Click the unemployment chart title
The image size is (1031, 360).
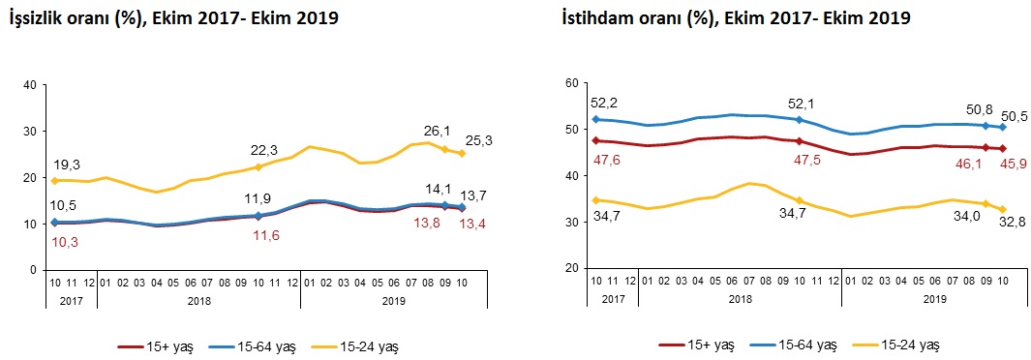172,19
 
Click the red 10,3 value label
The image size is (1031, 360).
65,243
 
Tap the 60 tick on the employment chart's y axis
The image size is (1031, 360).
571,83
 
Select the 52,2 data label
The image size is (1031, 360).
605,104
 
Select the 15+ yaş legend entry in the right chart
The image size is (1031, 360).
696,345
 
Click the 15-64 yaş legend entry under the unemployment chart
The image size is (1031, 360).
250,345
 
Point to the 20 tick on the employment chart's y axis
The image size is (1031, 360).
571,269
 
